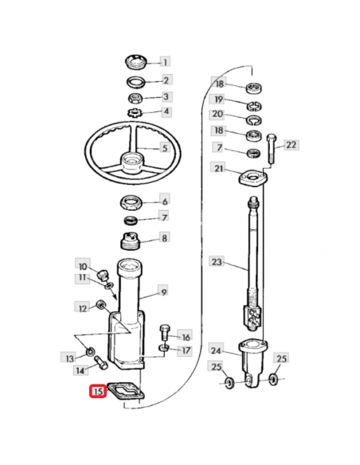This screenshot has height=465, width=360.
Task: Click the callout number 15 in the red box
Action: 98,392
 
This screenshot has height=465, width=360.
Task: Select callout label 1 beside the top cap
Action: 166,61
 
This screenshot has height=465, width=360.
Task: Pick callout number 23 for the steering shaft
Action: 217,262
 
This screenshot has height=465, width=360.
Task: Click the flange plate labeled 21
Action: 253,178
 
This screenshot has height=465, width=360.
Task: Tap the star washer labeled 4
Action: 135,113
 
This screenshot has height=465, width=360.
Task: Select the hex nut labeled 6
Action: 131,202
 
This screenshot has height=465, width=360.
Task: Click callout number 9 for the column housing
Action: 164,291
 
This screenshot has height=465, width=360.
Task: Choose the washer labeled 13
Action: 89,352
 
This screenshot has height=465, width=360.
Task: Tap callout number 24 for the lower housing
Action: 216,350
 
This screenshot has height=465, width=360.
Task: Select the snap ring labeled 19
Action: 254,106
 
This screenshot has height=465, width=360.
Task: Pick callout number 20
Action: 217,114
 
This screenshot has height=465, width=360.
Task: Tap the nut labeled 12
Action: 100,305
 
